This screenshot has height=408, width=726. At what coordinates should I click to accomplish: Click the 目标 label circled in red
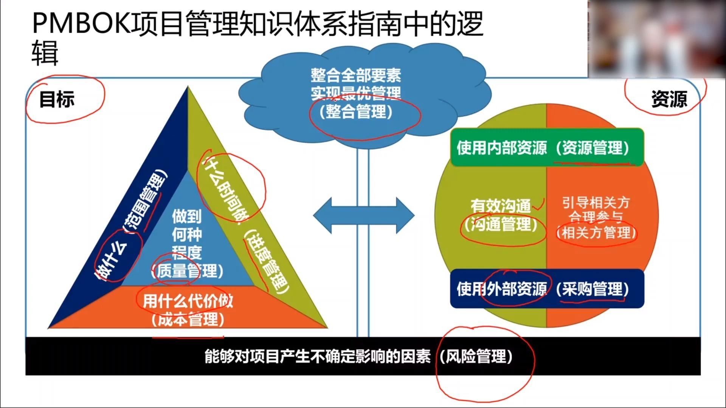point(57,99)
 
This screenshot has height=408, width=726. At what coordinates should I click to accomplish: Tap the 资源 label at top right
point(669,99)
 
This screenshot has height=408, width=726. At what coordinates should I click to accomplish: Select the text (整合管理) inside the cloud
point(356,112)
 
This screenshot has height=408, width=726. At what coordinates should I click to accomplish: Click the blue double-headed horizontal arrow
point(364,216)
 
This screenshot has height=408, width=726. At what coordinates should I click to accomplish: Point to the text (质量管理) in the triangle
point(187,271)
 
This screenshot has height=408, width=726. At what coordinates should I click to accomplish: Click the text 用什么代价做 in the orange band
point(188,301)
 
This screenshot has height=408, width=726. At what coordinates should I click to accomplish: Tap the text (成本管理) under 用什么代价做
point(188,320)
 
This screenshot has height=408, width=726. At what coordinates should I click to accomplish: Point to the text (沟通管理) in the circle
point(501,225)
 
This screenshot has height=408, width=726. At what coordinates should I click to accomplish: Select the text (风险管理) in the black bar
point(476,356)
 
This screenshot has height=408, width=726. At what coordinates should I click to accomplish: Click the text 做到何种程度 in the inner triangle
point(187,234)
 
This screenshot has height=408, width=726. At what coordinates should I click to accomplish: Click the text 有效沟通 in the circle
point(501,206)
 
